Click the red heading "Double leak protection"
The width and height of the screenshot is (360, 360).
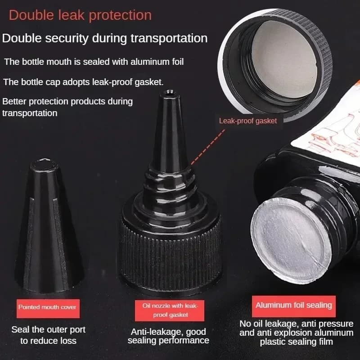tap(80, 15)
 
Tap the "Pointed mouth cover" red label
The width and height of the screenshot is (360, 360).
tap(48, 308)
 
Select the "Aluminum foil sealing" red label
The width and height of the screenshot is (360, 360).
tap(294, 306)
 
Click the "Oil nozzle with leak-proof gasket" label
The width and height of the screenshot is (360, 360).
tap(170, 310)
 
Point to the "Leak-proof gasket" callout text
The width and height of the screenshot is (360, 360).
tap(248, 121)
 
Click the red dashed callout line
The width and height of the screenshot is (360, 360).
tap(208, 147)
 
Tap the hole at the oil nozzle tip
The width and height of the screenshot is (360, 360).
tap(170, 93)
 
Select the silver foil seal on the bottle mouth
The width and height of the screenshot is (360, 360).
tap(291, 239)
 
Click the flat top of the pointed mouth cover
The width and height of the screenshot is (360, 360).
tap(44, 163)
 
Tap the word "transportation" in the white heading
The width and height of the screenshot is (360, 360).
tap(169, 38)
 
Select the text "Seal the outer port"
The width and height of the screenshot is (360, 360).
tap(49, 330)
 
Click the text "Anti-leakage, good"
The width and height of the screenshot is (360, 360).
tap(168, 332)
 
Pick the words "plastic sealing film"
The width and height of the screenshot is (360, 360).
tap(296, 342)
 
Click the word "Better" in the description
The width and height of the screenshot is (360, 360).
tap(14, 102)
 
